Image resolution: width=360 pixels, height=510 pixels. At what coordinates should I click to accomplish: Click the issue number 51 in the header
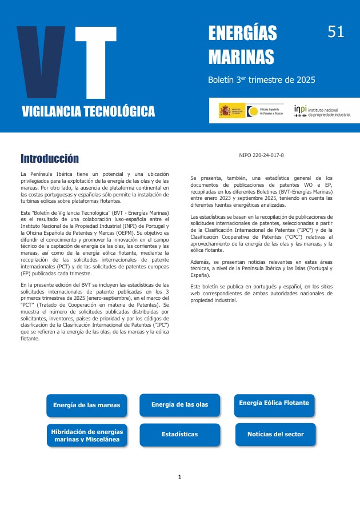click(336, 33)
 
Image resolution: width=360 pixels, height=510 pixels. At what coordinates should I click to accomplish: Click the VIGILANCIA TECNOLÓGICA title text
click(89, 111)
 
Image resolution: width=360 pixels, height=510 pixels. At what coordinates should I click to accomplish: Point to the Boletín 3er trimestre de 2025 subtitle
click(262, 81)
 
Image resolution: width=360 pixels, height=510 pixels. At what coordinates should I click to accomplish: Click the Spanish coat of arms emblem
click(225, 111)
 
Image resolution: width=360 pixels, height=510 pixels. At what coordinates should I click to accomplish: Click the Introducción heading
click(50, 158)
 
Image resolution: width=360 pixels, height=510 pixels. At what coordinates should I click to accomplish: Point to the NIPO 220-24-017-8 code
click(261, 155)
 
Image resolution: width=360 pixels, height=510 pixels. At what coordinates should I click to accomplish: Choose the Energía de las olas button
click(179, 405)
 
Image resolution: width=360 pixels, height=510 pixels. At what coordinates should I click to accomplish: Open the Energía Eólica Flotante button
click(274, 403)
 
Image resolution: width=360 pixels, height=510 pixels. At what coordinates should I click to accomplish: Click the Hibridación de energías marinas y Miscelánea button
click(86, 435)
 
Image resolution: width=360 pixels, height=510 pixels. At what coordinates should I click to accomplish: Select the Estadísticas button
click(179, 435)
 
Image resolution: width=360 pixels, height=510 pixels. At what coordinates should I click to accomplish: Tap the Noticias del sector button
click(275, 435)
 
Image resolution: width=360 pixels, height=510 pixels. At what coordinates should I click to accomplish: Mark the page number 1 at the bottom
click(179, 477)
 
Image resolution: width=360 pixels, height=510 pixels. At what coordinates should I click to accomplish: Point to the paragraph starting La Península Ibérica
click(95, 187)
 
